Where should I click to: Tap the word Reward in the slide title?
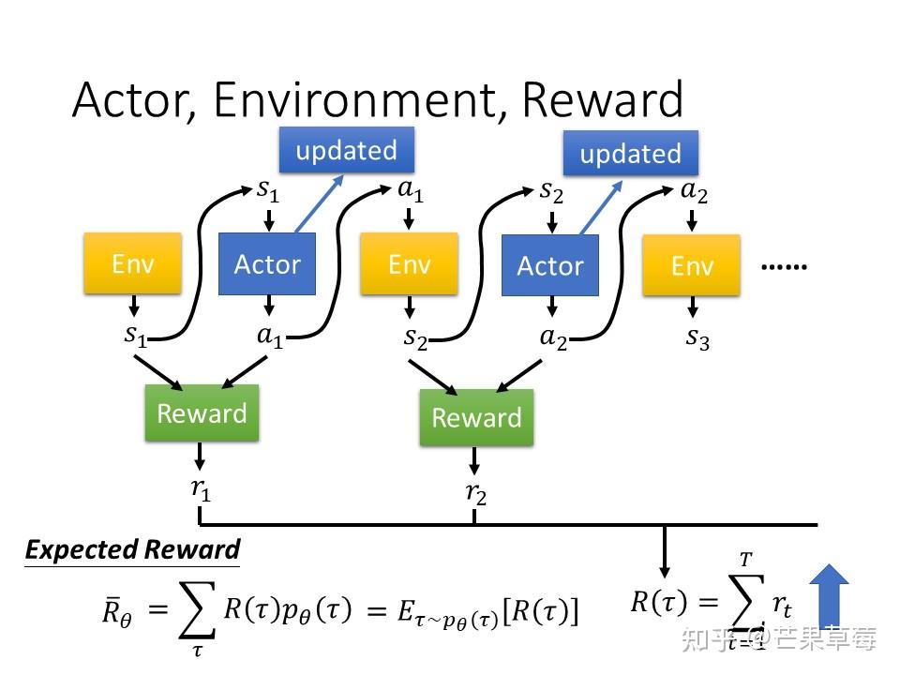pos(602,99)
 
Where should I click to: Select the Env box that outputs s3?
pos(691,265)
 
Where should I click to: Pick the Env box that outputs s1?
pos(132,263)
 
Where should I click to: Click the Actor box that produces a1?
pos(267,264)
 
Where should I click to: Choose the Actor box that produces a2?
pos(550,265)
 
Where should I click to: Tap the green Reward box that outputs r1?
pos(202,413)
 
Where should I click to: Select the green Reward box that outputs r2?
pos(476,417)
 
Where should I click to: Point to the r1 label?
pos(201,489)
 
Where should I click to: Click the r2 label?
pos(476,494)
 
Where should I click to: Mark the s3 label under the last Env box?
pos(697,338)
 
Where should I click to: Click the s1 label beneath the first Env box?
pos(135,335)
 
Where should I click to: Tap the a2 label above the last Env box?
pos(694,191)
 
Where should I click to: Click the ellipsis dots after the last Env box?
pos(784,266)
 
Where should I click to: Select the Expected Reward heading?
pos(132,550)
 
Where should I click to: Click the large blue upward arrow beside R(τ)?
pos(829,597)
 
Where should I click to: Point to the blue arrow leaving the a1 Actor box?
pos(319,203)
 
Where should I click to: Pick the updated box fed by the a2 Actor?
pos(630,153)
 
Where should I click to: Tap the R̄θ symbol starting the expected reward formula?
pos(117,611)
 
